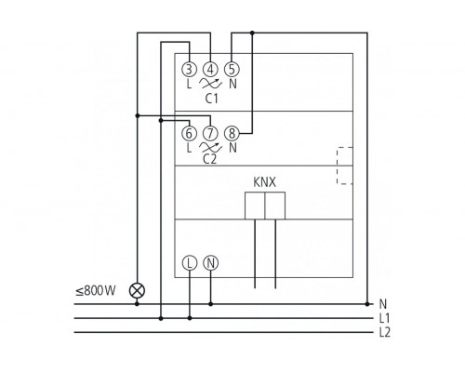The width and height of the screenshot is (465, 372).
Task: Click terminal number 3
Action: coord(189,68)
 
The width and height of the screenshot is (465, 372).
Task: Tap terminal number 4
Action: coord(210,68)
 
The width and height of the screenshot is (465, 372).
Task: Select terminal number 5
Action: coord(232,68)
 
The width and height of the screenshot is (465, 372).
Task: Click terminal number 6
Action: coord(189,133)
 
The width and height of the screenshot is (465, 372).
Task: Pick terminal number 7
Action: coord(210,133)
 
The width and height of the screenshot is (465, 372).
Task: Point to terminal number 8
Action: coord(232,133)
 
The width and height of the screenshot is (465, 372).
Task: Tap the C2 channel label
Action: coord(210,159)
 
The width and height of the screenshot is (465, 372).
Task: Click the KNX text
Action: coord(264,182)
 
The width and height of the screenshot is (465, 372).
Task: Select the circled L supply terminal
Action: coord(189,263)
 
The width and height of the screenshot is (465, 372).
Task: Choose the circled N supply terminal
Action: coord(210,263)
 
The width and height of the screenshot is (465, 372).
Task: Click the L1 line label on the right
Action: coord(384,319)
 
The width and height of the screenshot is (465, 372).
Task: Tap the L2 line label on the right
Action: coord(384,333)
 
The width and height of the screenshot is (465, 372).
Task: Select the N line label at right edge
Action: coord(382,304)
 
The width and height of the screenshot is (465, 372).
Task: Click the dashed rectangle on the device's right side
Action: coord(345,166)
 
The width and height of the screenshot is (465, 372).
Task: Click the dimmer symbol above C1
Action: coord(210,83)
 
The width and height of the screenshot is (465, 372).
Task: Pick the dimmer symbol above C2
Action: coord(210,147)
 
